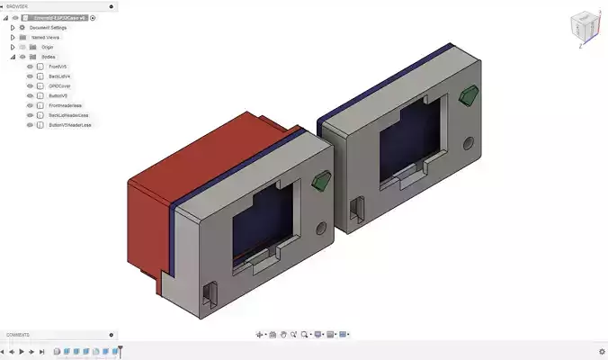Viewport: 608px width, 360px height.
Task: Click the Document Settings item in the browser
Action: tap(54, 27)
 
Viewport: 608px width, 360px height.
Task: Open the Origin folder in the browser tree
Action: tap(48, 47)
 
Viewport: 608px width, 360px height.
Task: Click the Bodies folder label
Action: tap(49, 57)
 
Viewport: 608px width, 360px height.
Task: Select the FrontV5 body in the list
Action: tap(58, 67)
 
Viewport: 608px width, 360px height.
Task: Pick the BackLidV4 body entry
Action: tap(60, 76)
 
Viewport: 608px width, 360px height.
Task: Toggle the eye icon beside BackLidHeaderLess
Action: tap(30, 115)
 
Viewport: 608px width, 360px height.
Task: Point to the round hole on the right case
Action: tap(468, 142)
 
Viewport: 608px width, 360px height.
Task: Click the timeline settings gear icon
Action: tap(602, 351)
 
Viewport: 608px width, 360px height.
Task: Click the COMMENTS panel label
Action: tap(19, 335)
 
